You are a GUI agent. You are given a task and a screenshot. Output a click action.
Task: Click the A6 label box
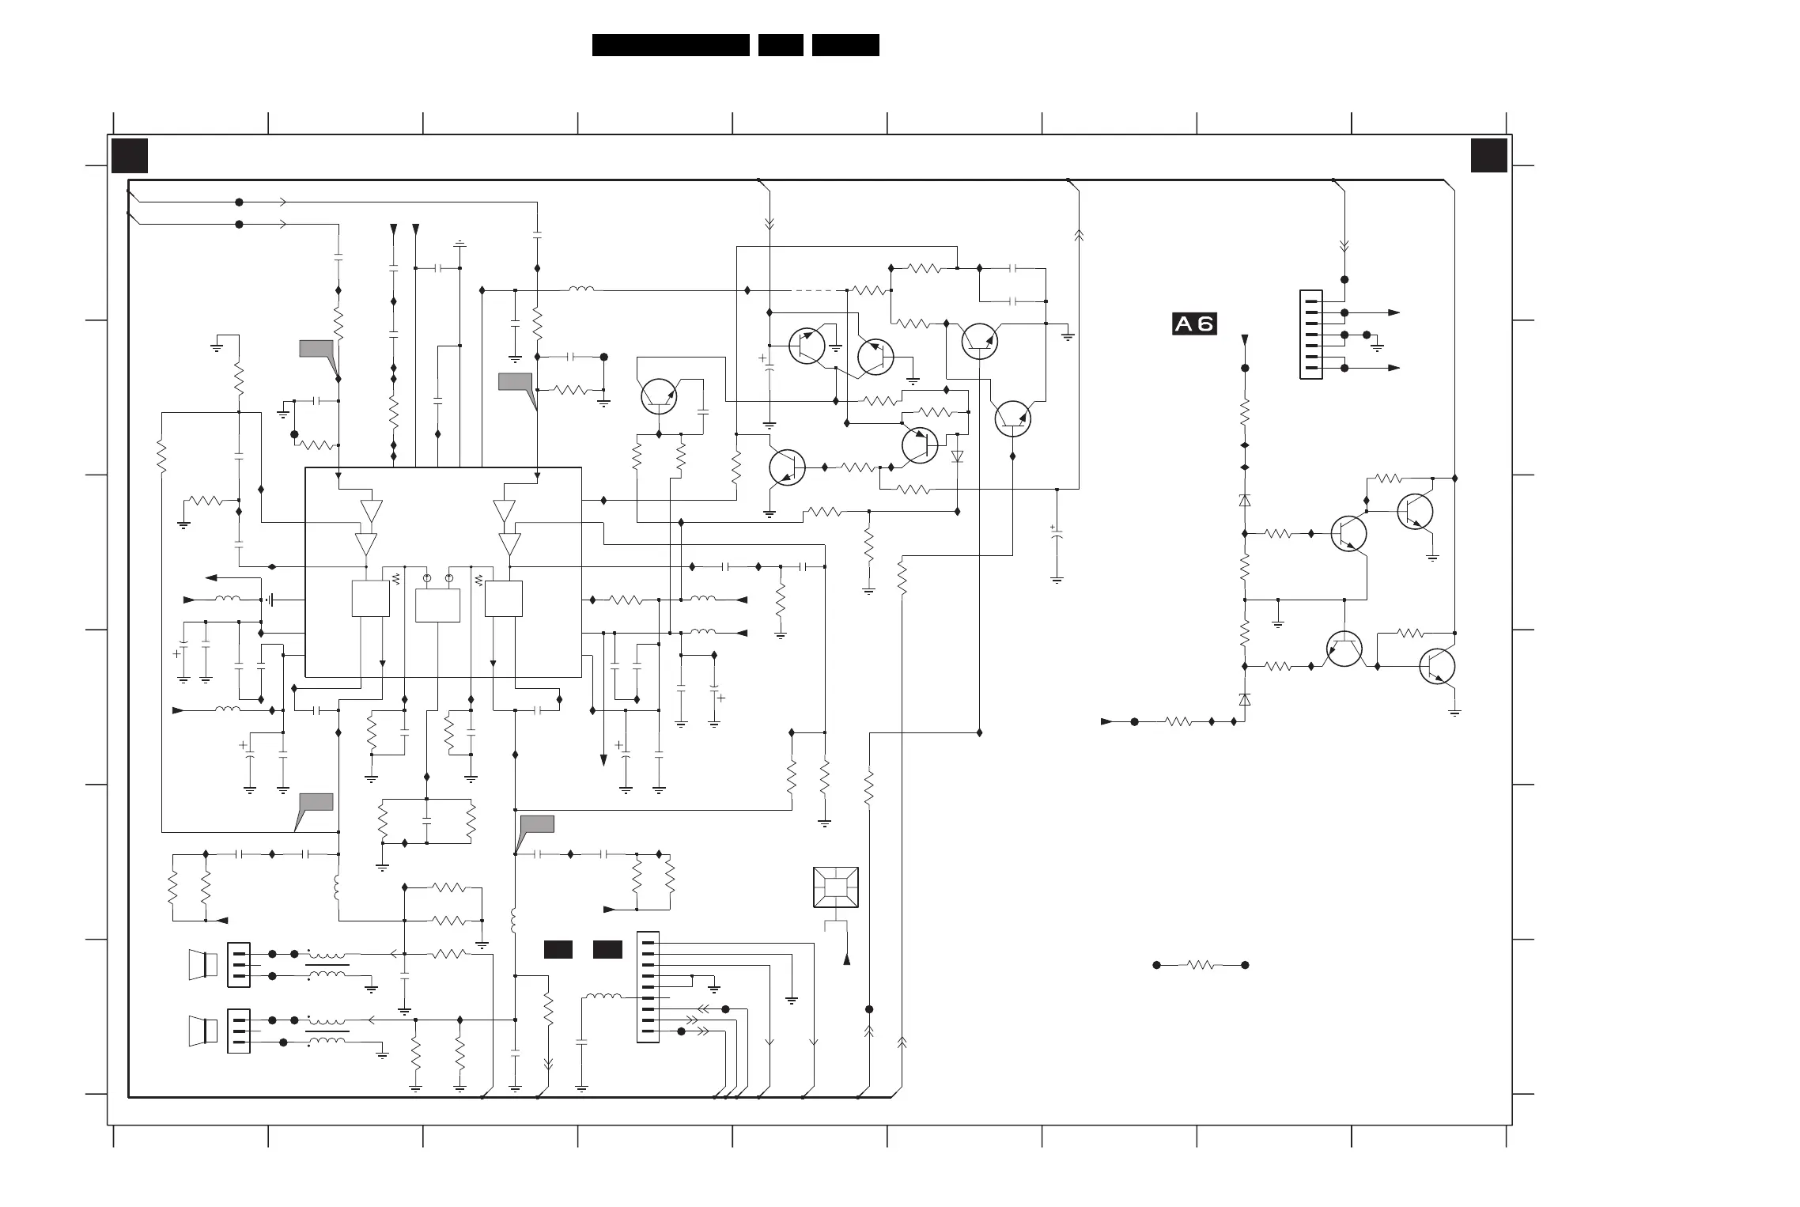tap(1194, 324)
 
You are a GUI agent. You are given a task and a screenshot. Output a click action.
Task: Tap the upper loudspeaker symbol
tap(202, 965)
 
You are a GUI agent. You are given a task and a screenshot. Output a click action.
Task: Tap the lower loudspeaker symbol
tap(202, 1031)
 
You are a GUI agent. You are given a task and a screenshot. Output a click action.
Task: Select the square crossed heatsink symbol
tap(836, 887)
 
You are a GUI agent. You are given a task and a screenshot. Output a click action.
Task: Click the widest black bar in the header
tap(671, 45)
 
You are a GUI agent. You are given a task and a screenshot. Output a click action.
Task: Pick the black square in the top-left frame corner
tap(130, 156)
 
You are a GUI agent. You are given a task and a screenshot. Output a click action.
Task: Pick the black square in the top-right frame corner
tap(1489, 155)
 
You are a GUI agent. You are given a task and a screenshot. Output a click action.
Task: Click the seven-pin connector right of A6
tap(1311, 335)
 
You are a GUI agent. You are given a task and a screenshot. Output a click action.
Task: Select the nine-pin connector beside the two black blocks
tap(648, 986)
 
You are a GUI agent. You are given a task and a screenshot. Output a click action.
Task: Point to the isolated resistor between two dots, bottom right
tap(1201, 965)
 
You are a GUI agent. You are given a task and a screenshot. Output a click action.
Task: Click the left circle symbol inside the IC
tap(427, 579)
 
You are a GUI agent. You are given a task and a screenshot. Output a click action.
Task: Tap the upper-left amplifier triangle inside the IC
tap(371, 511)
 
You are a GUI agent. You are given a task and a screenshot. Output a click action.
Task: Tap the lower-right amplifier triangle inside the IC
tap(510, 544)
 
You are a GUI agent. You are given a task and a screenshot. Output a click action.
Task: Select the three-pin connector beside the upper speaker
tap(239, 965)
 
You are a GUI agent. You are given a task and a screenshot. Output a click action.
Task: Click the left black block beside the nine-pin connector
tap(558, 949)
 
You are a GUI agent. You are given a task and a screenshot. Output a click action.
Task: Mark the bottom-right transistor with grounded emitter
tap(1438, 667)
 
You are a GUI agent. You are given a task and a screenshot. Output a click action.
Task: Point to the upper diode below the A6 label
tap(1245, 500)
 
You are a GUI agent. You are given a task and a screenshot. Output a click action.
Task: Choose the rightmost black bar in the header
tap(845, 45)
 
